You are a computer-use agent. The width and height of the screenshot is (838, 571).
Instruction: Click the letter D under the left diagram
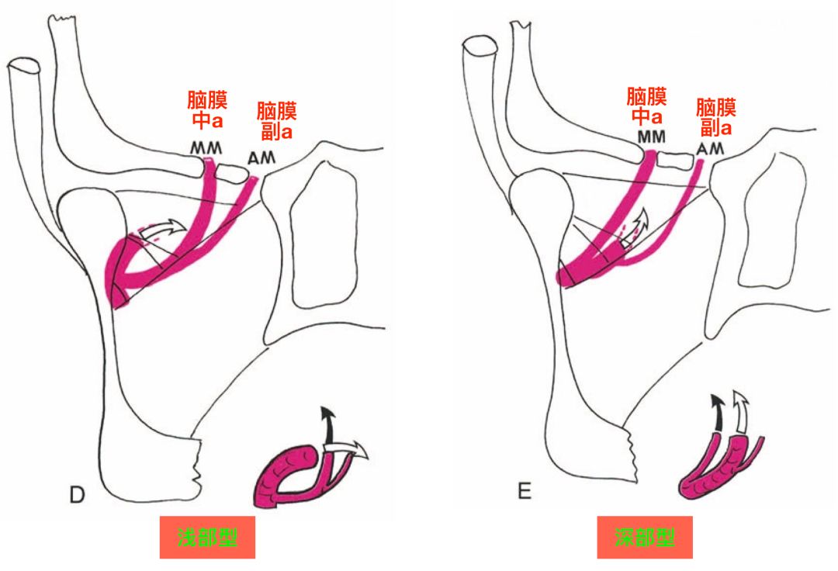76,495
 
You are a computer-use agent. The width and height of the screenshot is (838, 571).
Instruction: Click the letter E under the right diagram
525,490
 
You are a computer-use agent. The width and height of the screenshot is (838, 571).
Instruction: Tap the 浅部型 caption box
207,537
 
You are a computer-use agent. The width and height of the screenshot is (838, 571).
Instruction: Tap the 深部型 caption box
644,537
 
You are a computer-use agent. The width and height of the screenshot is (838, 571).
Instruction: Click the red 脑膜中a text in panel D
207,110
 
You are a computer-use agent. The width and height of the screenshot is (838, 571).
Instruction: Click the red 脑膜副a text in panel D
276,120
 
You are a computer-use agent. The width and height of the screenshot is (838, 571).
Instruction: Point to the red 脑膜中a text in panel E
646,107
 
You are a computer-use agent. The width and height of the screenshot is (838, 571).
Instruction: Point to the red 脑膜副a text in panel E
715,116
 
